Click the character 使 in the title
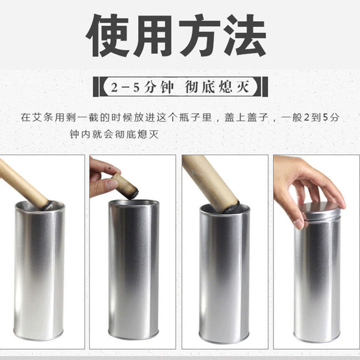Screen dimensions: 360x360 pos(107,36)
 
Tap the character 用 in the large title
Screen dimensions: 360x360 pos(153,36)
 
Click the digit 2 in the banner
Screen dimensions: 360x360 pos(114,87)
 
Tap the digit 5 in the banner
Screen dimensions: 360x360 pos(137,87)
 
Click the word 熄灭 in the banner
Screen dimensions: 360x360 pos(234,87)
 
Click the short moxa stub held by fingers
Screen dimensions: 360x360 pos(125,186)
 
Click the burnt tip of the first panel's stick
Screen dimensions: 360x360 pos(48,206)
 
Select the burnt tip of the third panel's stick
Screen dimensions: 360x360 pos(232,208)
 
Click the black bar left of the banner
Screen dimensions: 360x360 pos(96,86)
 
